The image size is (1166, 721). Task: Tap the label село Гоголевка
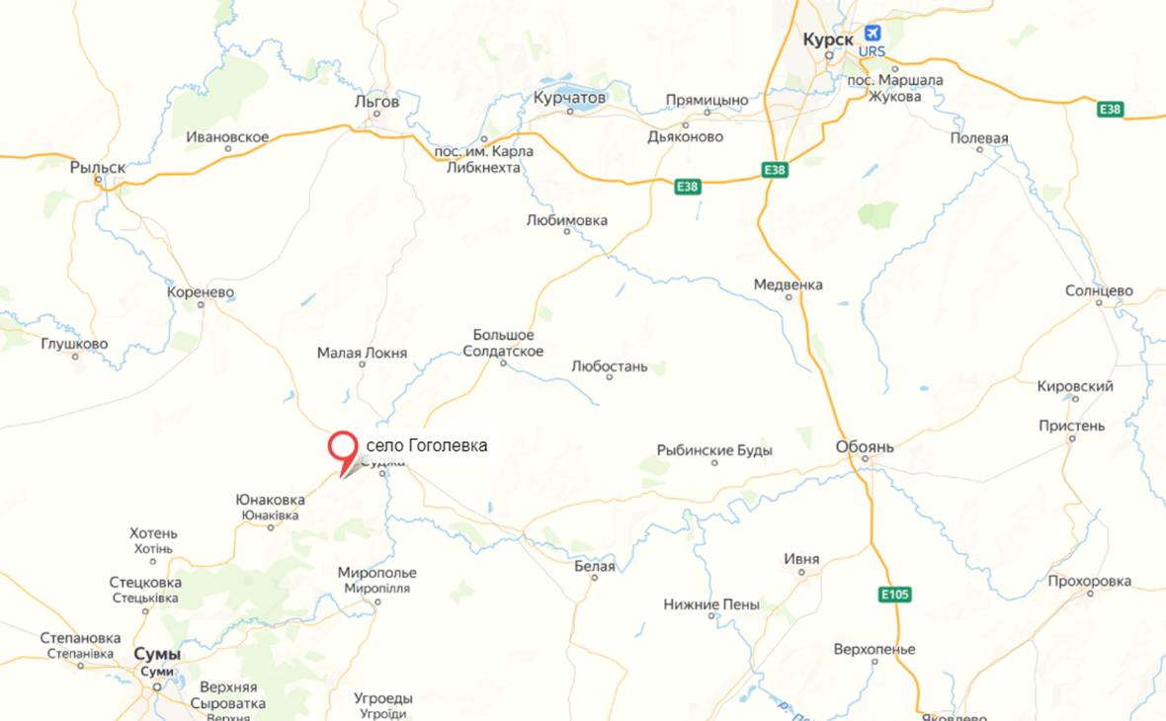[x=427, y=446]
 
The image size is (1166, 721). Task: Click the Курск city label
[x=828, y=38]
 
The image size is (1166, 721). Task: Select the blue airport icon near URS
[x=872, y=33]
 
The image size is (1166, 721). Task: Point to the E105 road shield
[x=895, y=595]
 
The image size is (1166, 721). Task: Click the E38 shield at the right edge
[x=1110, y=109]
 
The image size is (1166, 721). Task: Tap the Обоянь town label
[x=865, y=446]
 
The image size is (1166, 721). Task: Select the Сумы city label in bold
[x=157, y=655]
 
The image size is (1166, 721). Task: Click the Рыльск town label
[x=98, y=168]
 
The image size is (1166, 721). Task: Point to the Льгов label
[x=376, y=102]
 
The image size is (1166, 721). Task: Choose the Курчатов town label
[x=568, y=99]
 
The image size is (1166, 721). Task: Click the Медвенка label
[x=788, y=284]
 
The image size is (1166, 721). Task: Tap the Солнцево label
[x=1099, y=290]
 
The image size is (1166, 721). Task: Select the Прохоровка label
[x=1090, y=581]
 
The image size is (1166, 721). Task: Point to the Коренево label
[x=201, y=292]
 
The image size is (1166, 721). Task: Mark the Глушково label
[x=75, y=344]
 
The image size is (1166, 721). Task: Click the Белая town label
[x=594, y=566]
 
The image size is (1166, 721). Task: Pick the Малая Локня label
[x=362, y=353]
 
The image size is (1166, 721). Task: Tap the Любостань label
[x=610, y=366]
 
